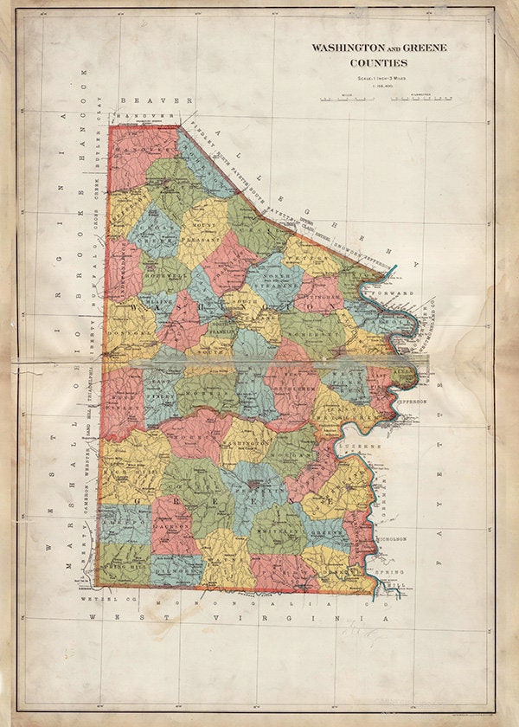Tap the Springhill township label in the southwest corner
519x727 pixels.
(x=124, y=562)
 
